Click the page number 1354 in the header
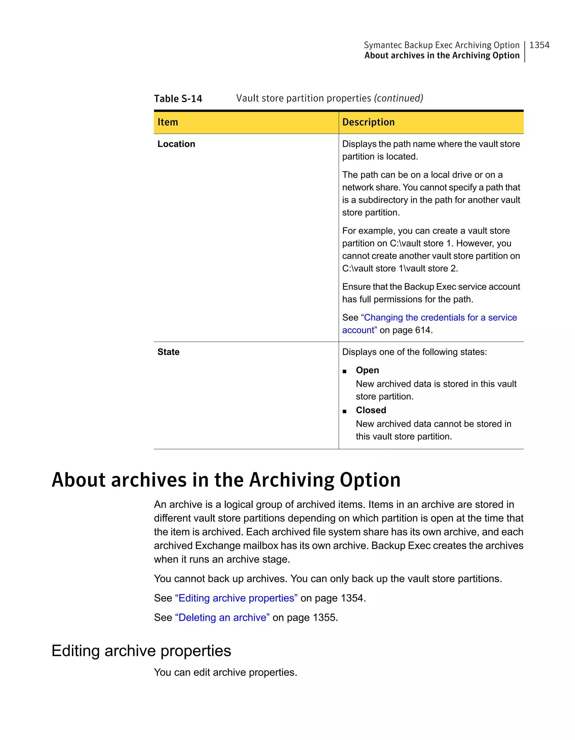(539, 45)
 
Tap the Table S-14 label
(178, 99)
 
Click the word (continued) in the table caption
(398, 98)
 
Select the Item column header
(168, 122)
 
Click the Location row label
(176, 144)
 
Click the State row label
(168, 352)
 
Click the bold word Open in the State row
(367, 370)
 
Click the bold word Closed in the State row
(371, 410)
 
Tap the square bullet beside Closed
(344, 412)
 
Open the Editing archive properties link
(236, 598)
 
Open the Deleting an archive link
(222, 617)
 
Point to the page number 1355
(325, 617)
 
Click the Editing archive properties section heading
(141, 651)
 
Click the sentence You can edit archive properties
(225, 672)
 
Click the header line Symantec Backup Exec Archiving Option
(441, 45)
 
